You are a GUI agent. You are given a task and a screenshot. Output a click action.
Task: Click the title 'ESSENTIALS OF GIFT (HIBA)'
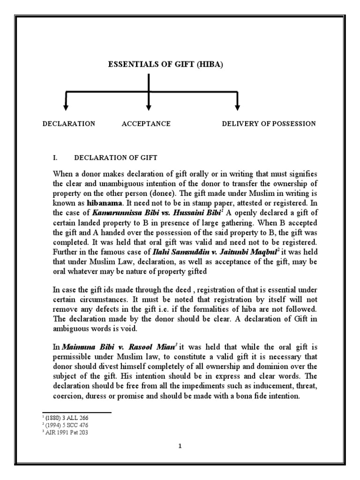(x=165, y=65)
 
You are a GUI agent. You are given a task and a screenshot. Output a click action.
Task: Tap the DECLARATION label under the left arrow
(x=69, y=124)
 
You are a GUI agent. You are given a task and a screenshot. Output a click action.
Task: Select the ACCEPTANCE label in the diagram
(x=146, y=124)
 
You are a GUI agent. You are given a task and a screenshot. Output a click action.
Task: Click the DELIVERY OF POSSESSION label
(x=269, y=124)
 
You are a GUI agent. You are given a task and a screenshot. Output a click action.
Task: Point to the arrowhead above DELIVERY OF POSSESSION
(x=237, y=107)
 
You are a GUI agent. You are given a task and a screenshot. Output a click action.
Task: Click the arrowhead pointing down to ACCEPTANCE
(x=149, y=107)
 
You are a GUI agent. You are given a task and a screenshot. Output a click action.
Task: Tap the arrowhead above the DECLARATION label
(x=66, y=107)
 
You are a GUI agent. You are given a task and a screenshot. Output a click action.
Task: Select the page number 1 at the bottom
(x=180, y=446)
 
